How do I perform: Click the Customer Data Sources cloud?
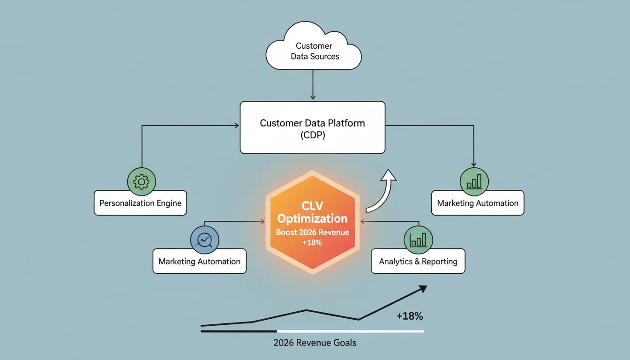[313, 46]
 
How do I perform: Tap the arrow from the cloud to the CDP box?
[313, 85]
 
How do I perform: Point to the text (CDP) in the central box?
[313, 135]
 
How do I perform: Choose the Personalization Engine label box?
[140, 203]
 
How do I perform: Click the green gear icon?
[142, 182]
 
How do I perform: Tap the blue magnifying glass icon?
[204, 240]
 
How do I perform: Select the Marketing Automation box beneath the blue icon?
[199, 261]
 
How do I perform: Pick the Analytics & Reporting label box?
[418, 261]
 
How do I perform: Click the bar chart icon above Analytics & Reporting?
[418, 240]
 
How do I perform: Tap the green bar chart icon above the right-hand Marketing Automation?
[474, 182]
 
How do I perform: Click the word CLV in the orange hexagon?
[312, 206]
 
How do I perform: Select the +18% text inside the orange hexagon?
[312, 242]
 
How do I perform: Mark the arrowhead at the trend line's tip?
[422, 289]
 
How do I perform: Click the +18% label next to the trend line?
[410, 316]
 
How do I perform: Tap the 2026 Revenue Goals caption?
[315, 343]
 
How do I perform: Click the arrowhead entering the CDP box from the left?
[237, 126]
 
